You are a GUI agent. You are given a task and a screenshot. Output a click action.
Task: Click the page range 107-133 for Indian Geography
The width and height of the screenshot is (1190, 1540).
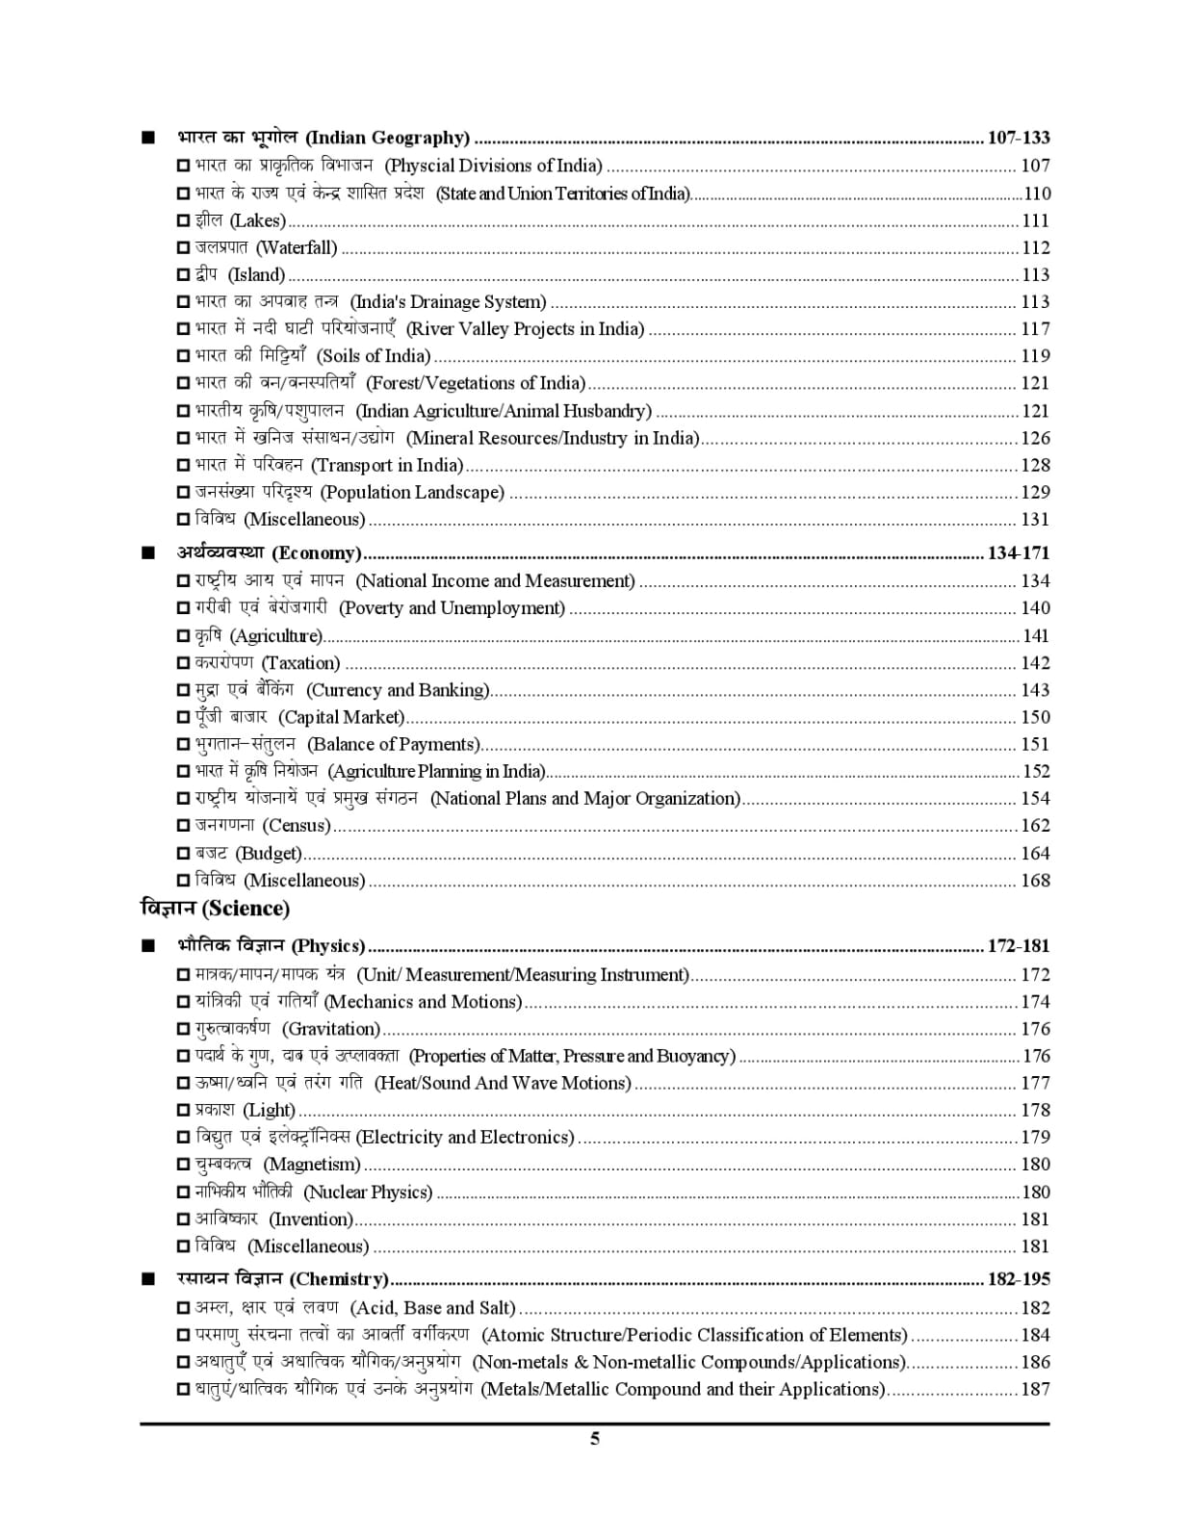tap(1019, 137)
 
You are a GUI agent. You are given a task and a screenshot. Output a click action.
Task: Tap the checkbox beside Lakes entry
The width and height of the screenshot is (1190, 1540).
tap(184, 221)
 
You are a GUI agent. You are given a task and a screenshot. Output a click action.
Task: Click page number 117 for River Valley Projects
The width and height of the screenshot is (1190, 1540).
tap(1035, 329)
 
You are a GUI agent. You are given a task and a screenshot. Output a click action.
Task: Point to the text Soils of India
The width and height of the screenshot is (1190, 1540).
tap(374, 356)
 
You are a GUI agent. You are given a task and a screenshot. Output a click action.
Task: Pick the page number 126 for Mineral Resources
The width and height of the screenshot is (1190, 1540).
tap(1035, 438)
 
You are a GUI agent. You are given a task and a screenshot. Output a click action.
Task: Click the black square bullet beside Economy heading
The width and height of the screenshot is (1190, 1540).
tap(147, 553)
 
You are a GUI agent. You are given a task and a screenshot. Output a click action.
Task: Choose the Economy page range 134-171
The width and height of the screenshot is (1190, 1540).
tap(1019, 553)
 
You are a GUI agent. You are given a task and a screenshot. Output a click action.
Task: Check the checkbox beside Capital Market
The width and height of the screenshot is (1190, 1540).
tap(184, 718)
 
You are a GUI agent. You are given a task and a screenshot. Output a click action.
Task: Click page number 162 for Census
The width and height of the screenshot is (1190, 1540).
tap(1035, 826)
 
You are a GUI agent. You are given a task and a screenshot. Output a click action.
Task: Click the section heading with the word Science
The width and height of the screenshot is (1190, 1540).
tap(215, 909)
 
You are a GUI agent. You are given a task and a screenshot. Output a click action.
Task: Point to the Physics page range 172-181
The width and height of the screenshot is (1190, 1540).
tap(1019, 946)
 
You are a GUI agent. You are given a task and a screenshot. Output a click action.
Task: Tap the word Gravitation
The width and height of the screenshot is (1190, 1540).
tap(332, 1029)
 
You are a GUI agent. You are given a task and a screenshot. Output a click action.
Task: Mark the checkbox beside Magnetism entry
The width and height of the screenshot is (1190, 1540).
tap(184, 1166)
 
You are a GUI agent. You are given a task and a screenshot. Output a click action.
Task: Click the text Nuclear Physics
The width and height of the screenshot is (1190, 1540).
tap(368, 1193)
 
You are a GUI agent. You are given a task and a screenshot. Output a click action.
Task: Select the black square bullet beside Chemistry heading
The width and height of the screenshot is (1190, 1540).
tap(147, 1280)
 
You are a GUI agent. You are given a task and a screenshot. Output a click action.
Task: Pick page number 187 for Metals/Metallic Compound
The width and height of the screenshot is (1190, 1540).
tap(1035, 1390)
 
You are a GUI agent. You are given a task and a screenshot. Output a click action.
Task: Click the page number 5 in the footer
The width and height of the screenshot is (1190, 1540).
tap(595, 1439)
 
